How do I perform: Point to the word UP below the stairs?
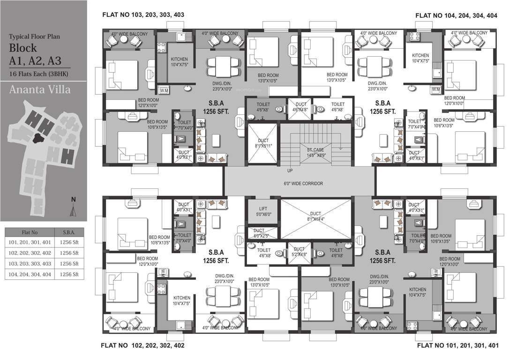[291, 171]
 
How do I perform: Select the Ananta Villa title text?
[40, 89]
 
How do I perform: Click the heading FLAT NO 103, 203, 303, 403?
[143, 15]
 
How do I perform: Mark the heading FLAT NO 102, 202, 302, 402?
[143, 345]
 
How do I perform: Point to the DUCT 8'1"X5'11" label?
[262, 143]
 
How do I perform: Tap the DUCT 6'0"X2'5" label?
[259, 233]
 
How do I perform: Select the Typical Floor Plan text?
[35, 36]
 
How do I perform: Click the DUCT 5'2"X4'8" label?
[299, 252]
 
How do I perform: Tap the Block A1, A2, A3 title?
[35, 54]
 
